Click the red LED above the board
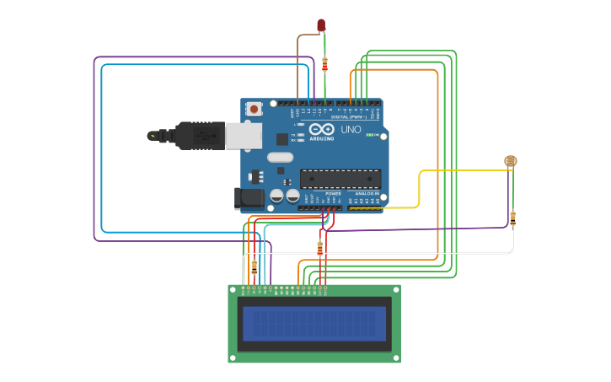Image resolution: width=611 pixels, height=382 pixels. point(321,25)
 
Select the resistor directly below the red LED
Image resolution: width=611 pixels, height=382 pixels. point(324,64)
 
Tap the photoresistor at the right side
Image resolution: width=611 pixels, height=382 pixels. point(511,161)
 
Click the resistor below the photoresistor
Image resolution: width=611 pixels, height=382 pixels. point(512,218)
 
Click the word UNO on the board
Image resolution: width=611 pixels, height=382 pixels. point(351,130)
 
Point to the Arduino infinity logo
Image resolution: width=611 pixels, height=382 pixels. point(321,130)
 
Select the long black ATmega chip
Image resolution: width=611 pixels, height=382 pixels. point(340,178)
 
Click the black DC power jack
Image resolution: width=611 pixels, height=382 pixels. point(250,198)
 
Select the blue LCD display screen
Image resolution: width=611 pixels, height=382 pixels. point(314,323)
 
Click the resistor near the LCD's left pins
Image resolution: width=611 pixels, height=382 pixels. point(254,267)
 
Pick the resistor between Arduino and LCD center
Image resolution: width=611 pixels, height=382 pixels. point(319,248)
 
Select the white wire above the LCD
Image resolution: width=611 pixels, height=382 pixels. point(379,253)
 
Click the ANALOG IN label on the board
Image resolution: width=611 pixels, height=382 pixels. point(366,193)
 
